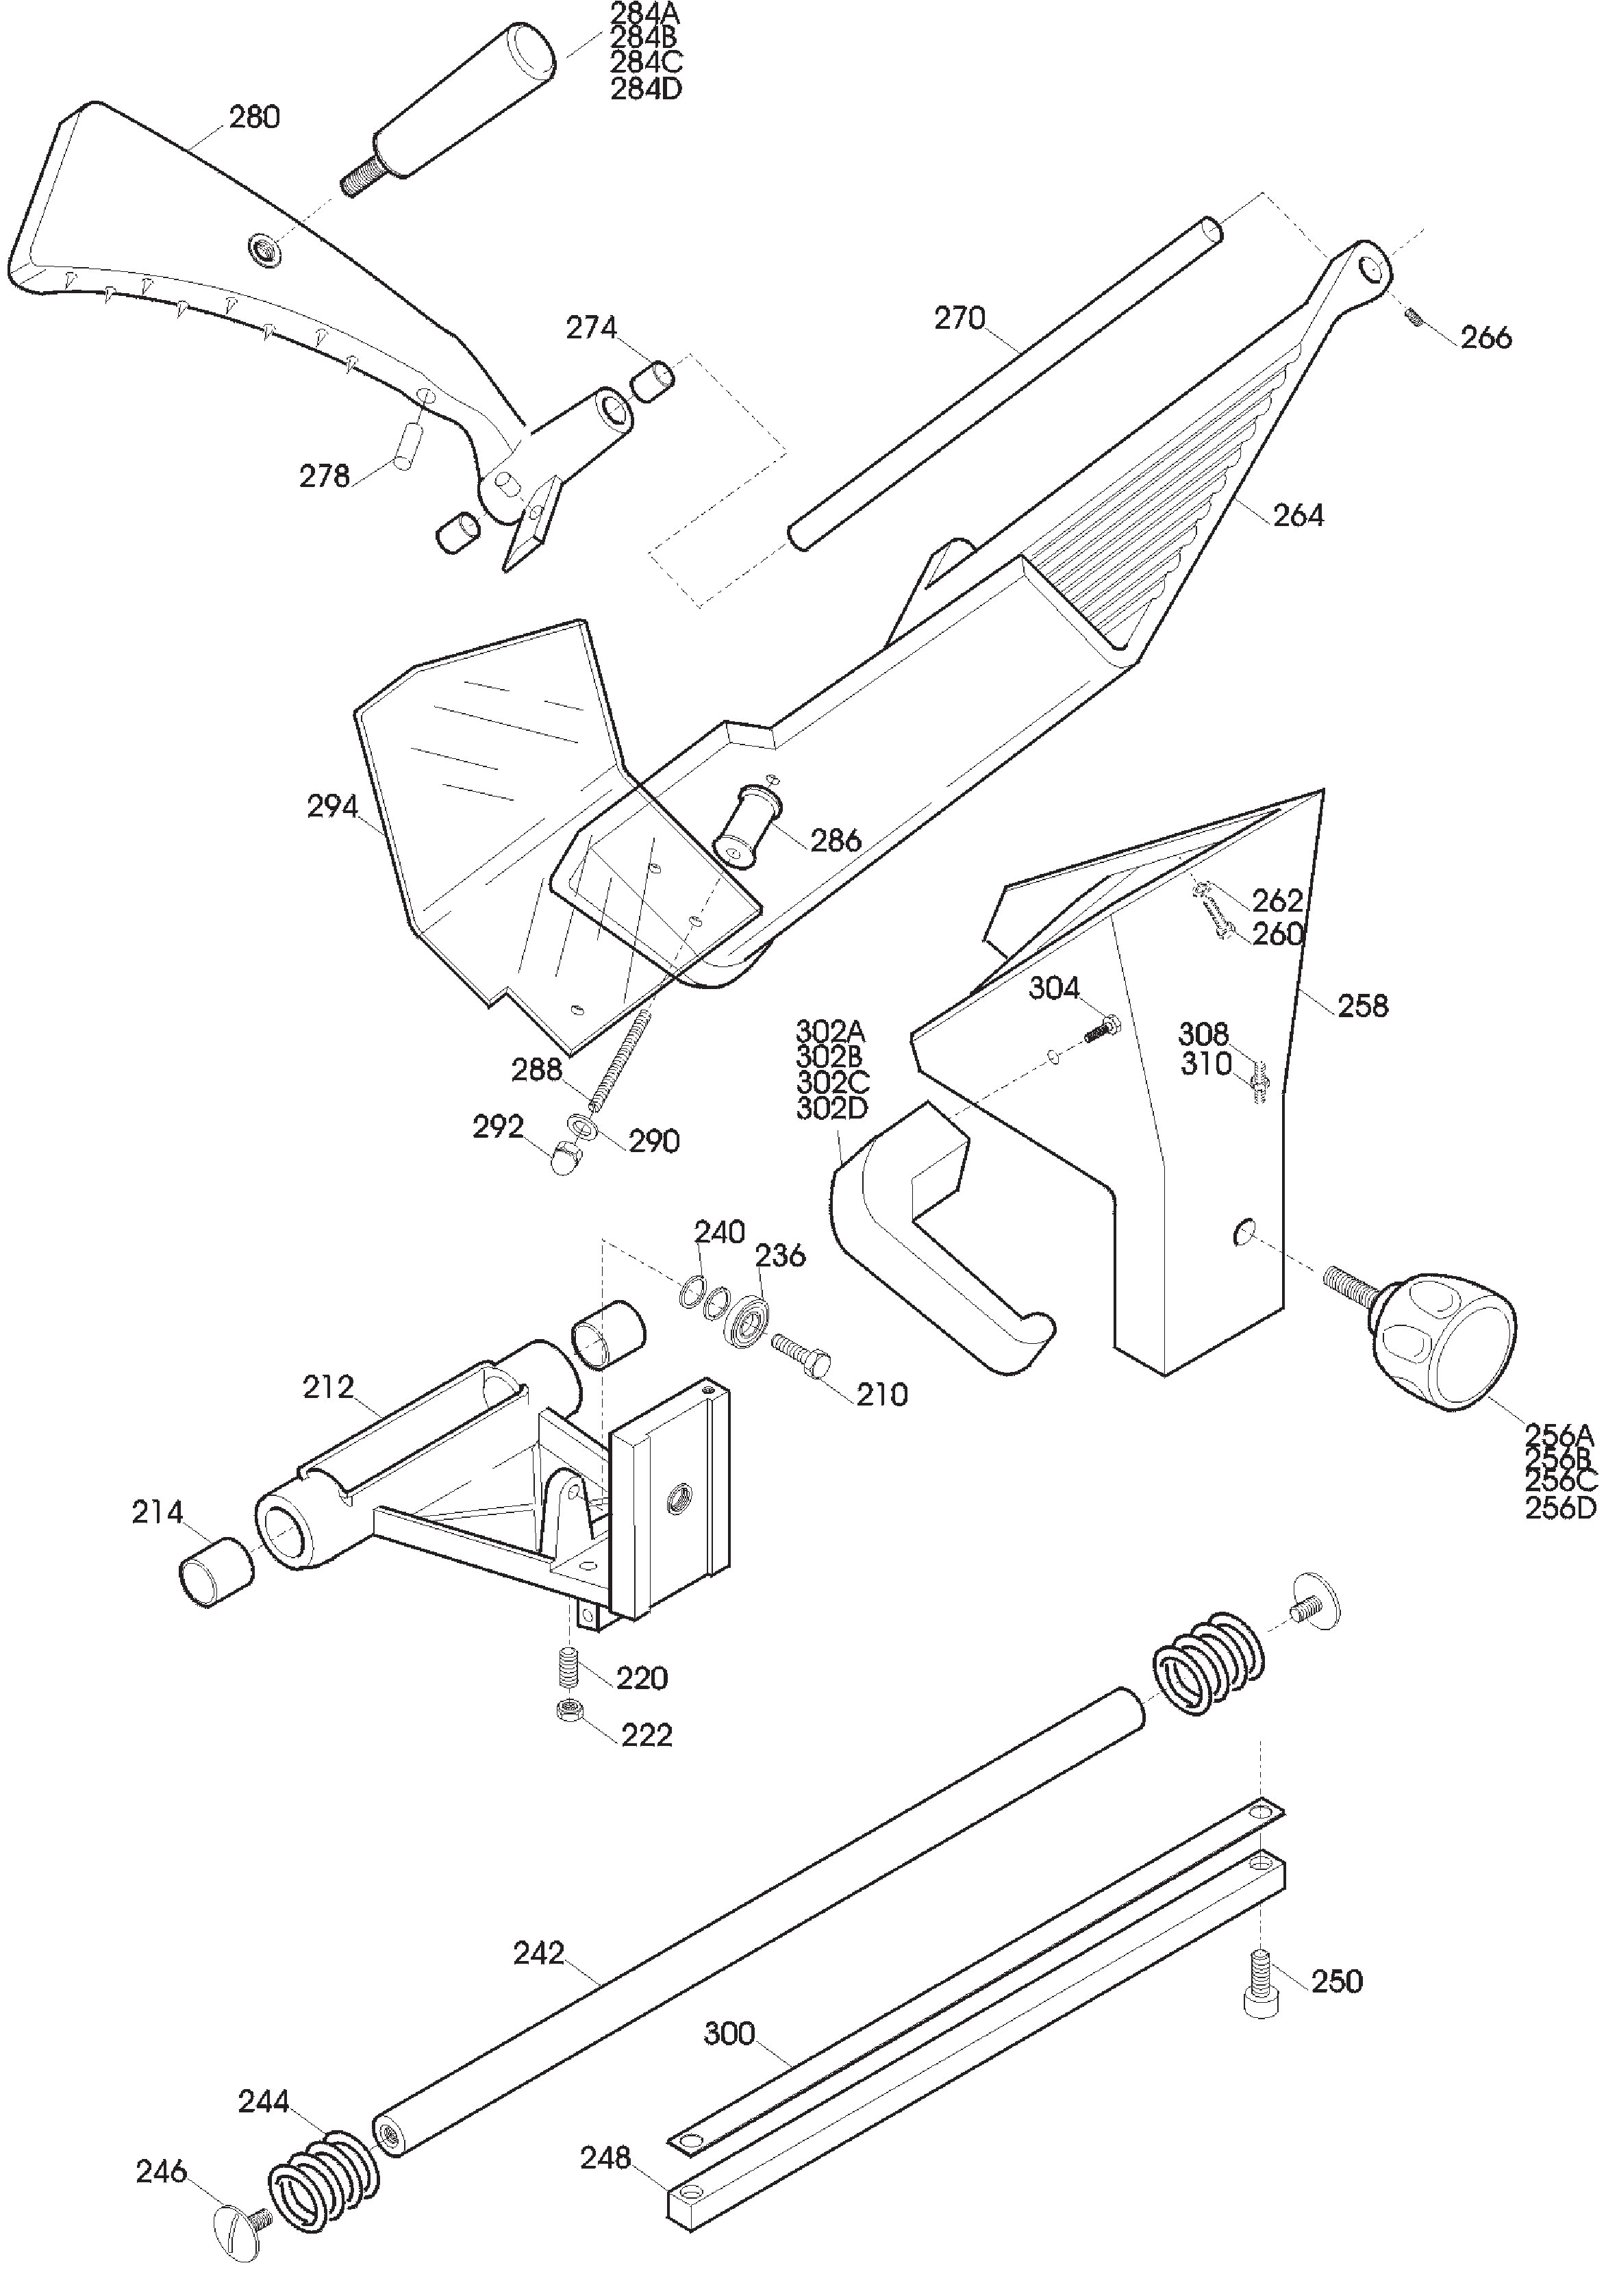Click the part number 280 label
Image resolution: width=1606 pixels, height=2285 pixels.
point(255,117)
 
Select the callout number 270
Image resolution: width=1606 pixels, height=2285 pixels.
point(959,319)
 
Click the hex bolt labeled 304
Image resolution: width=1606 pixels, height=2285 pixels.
point(1101,1028)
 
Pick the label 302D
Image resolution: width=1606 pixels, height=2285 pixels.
point(833,1107)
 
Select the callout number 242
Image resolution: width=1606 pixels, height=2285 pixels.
point(539,1953)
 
